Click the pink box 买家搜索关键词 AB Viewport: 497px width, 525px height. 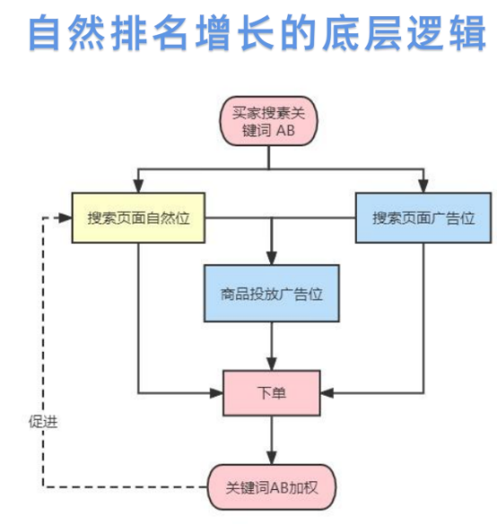point(268,121)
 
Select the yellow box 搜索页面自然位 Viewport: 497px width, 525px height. point(138,218)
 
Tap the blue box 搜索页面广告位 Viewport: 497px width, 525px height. point(423,218)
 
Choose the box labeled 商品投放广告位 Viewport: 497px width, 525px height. point(272,293)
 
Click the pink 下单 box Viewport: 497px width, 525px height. point(272,393)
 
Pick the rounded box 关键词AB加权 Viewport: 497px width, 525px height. point(272,487)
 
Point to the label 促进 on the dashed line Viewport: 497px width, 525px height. point(43,422)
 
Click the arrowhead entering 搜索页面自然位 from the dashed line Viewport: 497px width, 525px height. point(65,218)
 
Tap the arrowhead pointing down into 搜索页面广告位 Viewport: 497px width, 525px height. point(423,186)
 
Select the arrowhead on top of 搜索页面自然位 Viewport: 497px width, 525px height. point(138,186)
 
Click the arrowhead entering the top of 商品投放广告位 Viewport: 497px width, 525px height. point(272,258)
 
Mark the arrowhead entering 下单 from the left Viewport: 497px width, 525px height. point(216,393)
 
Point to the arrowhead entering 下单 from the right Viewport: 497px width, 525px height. point(327,393)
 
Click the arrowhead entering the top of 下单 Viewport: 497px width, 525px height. point(272,364)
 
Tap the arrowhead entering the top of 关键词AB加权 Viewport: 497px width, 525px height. point(272,458)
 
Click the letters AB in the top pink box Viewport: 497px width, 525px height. point(285,130)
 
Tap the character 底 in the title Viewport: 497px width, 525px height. point(341,33)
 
